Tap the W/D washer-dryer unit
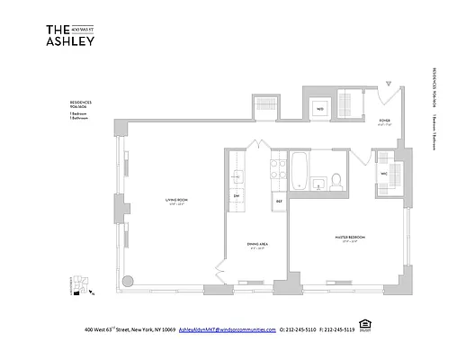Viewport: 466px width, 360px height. [319, 111]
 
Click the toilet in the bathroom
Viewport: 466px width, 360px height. [336, 182]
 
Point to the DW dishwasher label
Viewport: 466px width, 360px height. [237, 195]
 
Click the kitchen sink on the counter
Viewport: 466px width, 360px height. [237, 175]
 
